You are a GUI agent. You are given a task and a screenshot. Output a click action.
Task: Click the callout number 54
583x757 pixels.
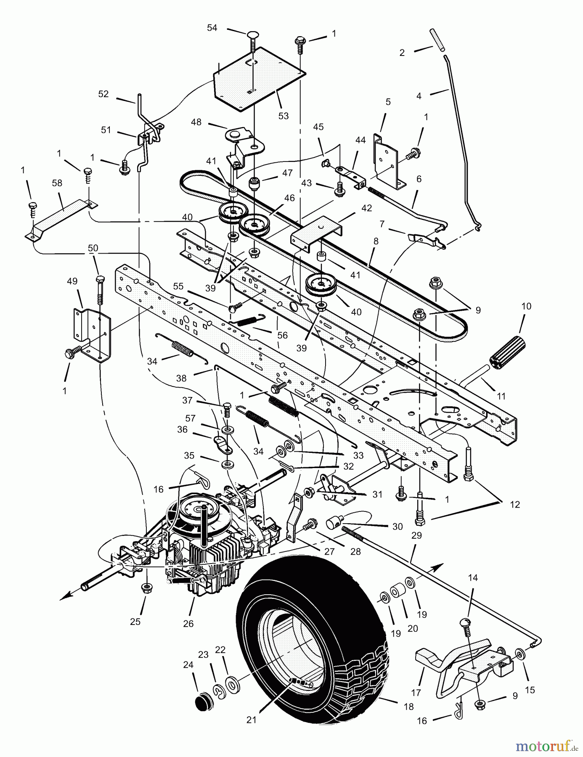tap(212, 28)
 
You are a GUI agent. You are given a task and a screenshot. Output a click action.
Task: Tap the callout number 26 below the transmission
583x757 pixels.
tap(188, 623)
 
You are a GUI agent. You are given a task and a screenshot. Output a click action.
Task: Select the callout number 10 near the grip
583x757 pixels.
tap(526, 306)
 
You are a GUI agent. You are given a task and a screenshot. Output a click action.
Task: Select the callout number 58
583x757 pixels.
tap(57, 183)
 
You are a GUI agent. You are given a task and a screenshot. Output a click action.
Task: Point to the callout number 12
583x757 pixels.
tap(515, 505)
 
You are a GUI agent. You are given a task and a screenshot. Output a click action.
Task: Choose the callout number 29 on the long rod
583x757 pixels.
tap(416, 536)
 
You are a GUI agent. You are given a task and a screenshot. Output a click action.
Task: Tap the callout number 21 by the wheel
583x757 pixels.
tap(251, 720)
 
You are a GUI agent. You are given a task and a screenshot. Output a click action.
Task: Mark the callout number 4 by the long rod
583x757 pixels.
tap(419, 96)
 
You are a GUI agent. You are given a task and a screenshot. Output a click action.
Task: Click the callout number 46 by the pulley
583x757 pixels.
tap(289, 198)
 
